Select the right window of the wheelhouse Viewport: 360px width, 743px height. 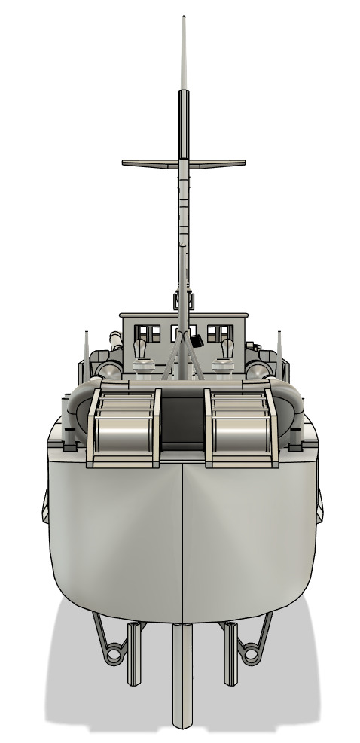coord(218,333)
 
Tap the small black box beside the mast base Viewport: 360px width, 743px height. coord(198,341)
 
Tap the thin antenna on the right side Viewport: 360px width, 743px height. coord(279,346)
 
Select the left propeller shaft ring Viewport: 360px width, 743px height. coord(114,654)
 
